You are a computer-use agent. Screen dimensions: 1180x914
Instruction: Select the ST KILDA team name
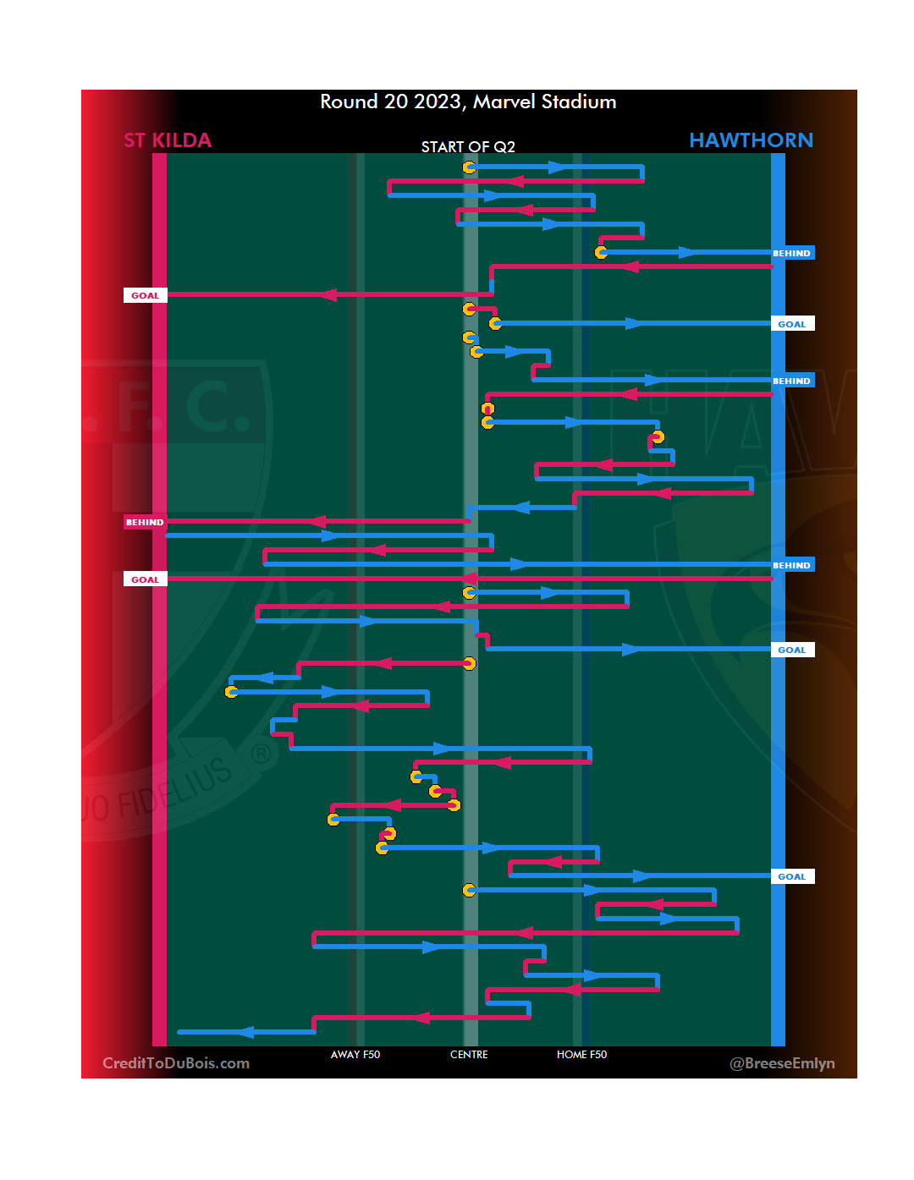(x=168, y=140)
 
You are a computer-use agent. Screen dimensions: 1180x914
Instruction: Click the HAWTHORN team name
(x=751, y=140)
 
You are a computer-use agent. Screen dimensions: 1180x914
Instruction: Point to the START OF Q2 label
(x=468, y=147)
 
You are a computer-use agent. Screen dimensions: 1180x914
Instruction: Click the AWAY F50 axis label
(x=355, y=1055)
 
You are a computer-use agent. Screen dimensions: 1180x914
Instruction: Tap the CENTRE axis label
(x=469, y=1055)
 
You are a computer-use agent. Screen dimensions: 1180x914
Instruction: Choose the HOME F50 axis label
(x=581, y=1055)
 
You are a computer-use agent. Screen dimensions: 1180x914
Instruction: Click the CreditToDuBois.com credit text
(x=176, y=1063)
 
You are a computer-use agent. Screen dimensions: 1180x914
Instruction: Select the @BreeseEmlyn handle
(x=782, y=1063)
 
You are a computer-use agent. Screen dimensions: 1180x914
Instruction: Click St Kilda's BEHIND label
(x=145, y=522)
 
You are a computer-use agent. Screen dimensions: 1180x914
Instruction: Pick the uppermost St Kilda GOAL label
(x=145, y=295)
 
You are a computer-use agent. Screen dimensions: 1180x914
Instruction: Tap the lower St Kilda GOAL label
(x=145, y=579)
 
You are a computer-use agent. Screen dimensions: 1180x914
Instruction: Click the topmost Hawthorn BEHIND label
(x=791, y=253)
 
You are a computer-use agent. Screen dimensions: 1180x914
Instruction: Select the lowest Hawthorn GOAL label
(x=792, y=876)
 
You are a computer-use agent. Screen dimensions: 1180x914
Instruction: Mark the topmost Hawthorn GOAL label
(x=792, y=324)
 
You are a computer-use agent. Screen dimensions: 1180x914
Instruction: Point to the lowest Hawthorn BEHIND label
(x=791, y=565)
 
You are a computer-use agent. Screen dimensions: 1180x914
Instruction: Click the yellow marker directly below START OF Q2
(x=469, y=167)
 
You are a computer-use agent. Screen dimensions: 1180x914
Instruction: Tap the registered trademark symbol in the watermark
(x=262, y=753)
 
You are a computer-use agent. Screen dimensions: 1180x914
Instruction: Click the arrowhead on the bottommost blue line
(x=245, y=1032)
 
